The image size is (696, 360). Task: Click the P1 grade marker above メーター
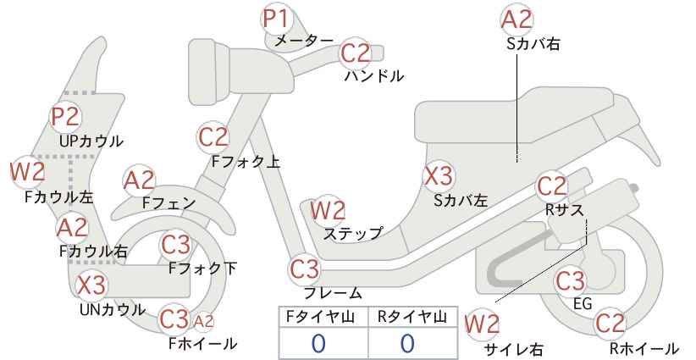pyautogui.click(x=276, y=19)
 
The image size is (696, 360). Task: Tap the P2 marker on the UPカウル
pyautogui.click(x=66, y=118)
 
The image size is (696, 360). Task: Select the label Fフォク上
pyautogui.click(x=246, y=162)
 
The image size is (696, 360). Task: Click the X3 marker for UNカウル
pyautogui.click(x=91, y=285)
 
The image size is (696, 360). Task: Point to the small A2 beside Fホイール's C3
pyautogui.click(x=204, y=321)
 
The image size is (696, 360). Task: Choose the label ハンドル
pyautogui.click(x=374, y=76)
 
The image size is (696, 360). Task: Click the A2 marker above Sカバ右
pyautogui.click(x=516, y=20)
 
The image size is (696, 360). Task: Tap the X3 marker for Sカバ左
pyautogui.click(x=439, y=176)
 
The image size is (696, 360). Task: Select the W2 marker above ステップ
pyautogui.click(x=328, y=210)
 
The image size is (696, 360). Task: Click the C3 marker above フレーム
pyautogui.click(x=305, y=269)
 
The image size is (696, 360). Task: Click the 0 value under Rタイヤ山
pyautogui.click(x=407, y=343)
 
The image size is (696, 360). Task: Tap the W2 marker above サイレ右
pyautogui.click(x=482, y=325)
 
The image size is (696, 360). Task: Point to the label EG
pyautogui.click(x=583, y=304)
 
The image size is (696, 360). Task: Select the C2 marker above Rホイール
pyautogui.click(x=610, y=323)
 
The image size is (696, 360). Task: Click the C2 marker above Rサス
pyautogui.click(x=552, y=186)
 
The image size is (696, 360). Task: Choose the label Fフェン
pyautogui.click(x=168, y=203)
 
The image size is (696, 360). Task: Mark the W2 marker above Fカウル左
pyautogui.click(x=28, y=172)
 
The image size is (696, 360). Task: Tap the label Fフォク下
pyautogui.click(x=203, y=269)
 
